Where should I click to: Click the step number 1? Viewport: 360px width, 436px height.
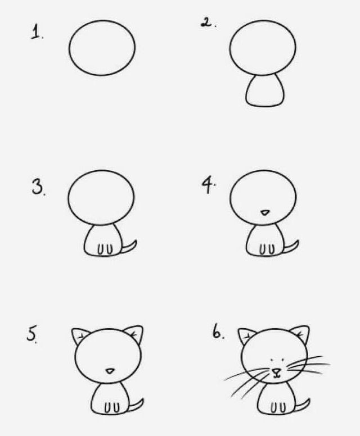tap(35, 31)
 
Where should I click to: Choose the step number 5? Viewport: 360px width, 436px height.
tap(31, 334)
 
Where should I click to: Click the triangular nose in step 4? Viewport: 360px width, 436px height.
tap(265, 213)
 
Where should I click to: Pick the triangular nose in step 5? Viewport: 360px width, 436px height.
tap(110, 371)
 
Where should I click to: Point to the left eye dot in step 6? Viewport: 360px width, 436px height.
tap(272, 360)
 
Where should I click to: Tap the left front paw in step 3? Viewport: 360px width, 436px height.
tap(100, 249)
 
